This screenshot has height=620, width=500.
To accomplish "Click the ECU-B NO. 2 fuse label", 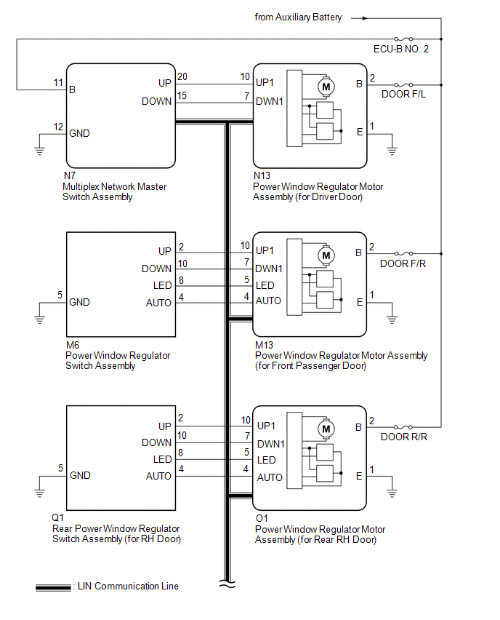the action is [x=401, y=49].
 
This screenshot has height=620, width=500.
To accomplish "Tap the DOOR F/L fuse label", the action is [x=403, y=94].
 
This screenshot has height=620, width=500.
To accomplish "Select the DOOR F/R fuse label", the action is [x=403, y=263].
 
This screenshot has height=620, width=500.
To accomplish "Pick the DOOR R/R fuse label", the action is [x=403, y=437].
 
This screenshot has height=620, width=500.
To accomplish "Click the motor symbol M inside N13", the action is [x=326, y=87].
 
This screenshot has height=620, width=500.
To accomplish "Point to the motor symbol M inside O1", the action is [x=326, y=429].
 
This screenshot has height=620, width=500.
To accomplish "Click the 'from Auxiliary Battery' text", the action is [x=298, y=17].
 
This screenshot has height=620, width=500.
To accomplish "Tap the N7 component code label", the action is [x=70, y=175].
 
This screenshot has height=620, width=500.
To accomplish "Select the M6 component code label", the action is [x=73, y=345].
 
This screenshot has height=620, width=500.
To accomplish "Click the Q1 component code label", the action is [x=57, y=517].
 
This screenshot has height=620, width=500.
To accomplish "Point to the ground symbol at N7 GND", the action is [x=39, y=151].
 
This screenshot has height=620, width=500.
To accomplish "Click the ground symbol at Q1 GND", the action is [x=39, y=493].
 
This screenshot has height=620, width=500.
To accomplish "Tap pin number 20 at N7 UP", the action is [x=182, y=76].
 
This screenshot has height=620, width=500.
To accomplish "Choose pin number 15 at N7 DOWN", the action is [x=182, y=95].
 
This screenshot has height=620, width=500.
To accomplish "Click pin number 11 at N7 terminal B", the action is [x=58, y=83].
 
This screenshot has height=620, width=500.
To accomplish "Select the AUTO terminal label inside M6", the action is [x=158, y=303].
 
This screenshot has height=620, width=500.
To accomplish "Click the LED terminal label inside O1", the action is [x=266, y=460].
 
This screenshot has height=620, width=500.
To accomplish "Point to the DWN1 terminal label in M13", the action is [x=269, y=269].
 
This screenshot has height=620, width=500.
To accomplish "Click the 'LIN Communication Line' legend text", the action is [x=128, y=586].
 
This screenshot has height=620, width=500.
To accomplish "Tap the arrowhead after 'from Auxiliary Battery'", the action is [x=365, y=18].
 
